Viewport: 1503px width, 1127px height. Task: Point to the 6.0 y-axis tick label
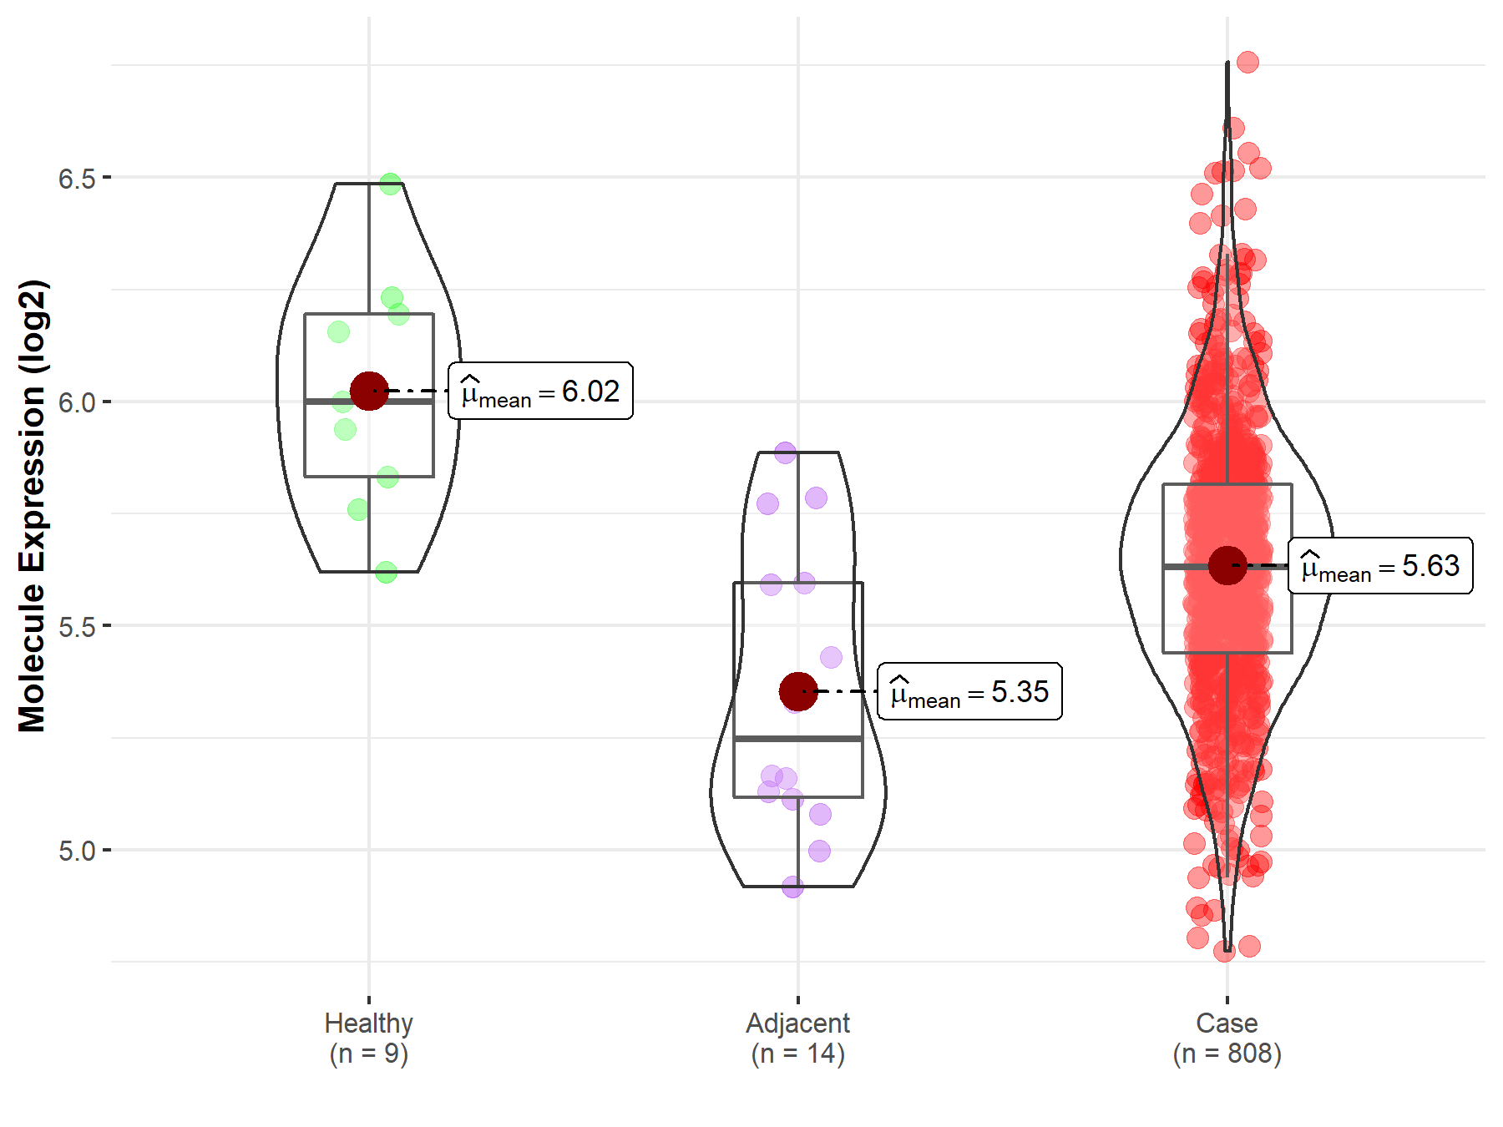(76, 402)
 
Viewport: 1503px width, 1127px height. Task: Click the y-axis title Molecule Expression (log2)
(32, 506)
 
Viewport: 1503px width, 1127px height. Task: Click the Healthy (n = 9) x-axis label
(368, 1038)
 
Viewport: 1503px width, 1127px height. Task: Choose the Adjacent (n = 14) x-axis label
(797, 1038)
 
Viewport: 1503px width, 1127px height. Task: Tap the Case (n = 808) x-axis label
(1227, 1038)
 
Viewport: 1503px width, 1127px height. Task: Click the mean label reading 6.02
(540, 391)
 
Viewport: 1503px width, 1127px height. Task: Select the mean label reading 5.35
(969, 691)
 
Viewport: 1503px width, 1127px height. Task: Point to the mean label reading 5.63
(1380, 565)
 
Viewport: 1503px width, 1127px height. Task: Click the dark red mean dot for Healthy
(369, 391)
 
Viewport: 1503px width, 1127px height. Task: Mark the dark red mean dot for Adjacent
(798, 691)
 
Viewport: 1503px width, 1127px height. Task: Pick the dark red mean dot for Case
(1227, 565)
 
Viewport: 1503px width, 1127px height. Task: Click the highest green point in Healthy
(391, 184)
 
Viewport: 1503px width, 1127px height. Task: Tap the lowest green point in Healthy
(386, 573)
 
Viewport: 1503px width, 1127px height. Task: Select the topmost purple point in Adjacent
(785, 453)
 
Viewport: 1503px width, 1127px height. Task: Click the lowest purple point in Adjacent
(792, 887)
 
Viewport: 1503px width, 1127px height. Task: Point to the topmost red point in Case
(1247, 62)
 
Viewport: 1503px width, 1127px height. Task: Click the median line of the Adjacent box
(798, 739)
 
